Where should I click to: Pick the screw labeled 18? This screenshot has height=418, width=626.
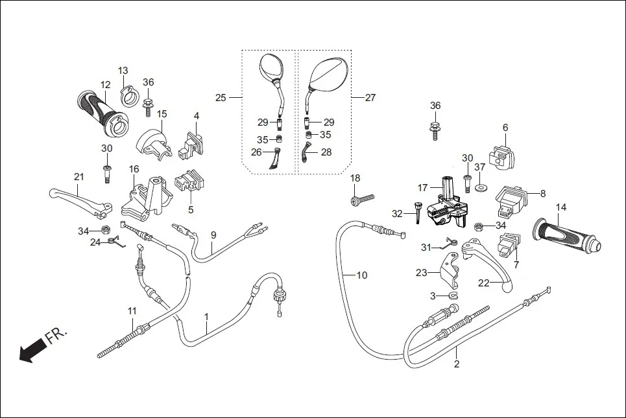click(x=363, y=199)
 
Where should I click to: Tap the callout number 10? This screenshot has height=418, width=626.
click(x=361, y=275)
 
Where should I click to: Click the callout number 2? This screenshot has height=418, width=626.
click(x=456, y=364)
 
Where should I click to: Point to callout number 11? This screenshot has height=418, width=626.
click(x=132, y=311)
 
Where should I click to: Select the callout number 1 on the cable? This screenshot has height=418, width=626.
click(x=206, y=317)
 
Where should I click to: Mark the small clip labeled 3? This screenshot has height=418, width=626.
click(x=452, y=296)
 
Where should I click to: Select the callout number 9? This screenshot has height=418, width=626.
click(x=213, y=234)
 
